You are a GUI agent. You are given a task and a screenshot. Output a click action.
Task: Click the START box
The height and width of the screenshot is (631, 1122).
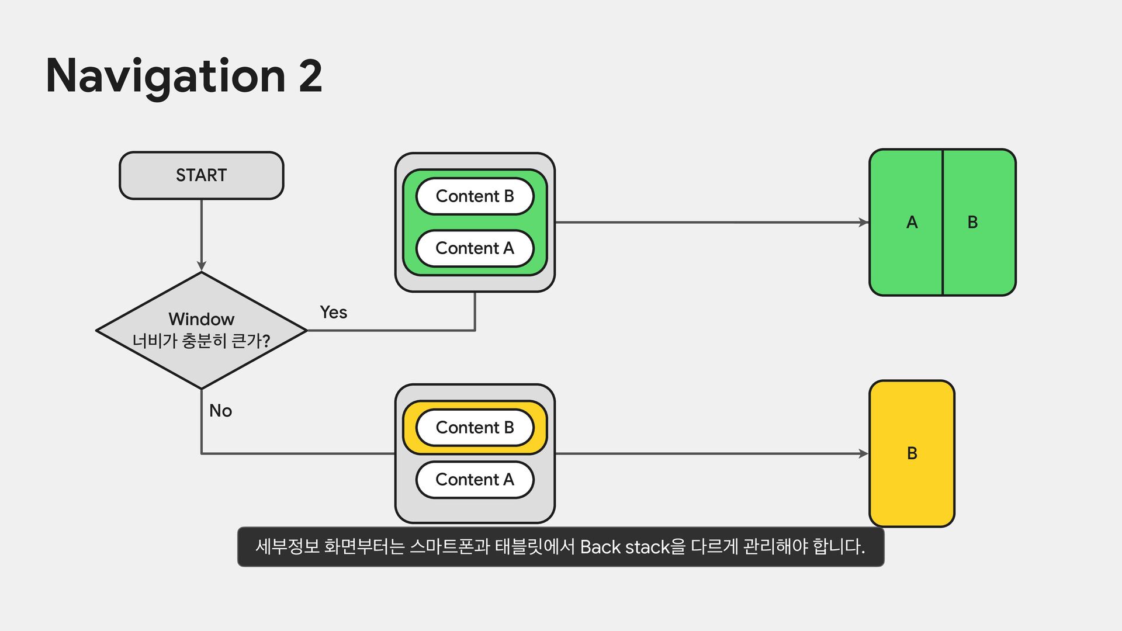pyautogui.click(x=201, y=175)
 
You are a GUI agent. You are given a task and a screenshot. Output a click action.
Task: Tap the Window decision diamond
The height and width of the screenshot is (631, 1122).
pyautogui.click(x=201, y=331)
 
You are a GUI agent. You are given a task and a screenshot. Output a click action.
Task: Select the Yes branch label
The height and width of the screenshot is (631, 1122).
pyautogui.click(x=333, y=313)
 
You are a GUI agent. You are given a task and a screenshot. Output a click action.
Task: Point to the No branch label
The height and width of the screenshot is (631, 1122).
pyautogui.click(x=220, y=411)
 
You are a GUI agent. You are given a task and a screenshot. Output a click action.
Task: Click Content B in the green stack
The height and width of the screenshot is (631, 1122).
pyautogui.click(x=475, y=196)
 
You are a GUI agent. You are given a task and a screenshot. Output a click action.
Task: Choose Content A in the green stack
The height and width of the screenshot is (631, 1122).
pyautogui.click(x=475, y=248)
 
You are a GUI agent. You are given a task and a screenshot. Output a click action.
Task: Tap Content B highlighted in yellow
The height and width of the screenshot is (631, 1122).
pyautogui.click(x=475, y=428)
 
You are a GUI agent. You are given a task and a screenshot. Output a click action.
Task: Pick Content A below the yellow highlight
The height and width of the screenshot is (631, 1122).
pyautogui.click(x=475, y=480)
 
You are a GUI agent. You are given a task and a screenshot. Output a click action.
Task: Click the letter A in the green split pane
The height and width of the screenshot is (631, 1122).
pyautogui.click(x=912, y=223)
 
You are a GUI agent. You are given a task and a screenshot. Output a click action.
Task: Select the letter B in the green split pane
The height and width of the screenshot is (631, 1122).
pyautogui.click(x=972, y=223)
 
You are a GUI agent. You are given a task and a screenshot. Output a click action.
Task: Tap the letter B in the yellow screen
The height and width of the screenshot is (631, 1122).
pyautogui.click(x=912, y=453)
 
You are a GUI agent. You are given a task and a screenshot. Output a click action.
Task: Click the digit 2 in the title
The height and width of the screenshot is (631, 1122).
pyautogui.click(x=310, y=76)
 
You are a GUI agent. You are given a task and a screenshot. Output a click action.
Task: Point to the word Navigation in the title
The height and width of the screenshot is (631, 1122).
pyautogui.click(x=165, y=76)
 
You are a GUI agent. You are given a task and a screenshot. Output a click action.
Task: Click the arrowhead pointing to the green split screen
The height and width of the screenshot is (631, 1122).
pyautogui.click(x=863, y=223)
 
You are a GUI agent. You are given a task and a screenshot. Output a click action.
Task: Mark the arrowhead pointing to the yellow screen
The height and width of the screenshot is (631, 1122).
pyautogui.click(x=863, y=453)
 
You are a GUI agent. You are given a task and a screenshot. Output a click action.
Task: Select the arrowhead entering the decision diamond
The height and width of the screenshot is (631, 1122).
pyautogui.click(x=202, y=266)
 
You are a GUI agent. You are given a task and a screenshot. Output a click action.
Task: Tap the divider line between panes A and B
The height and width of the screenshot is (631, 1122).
pyautogui.click(x=942, y=223)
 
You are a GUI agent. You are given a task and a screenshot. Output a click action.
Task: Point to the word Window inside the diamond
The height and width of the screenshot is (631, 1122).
pyautogui.click(x=201, y=319)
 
